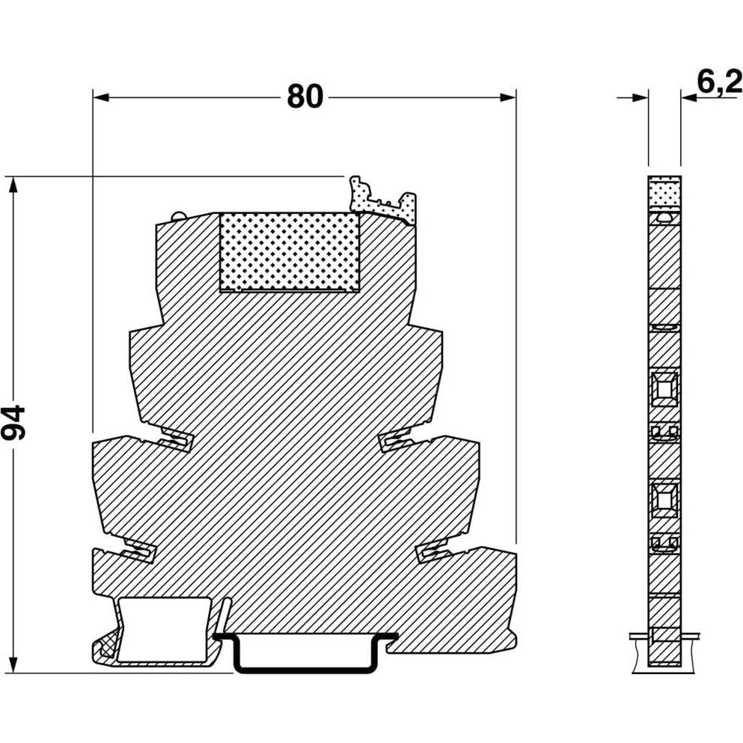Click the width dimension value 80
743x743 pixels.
(305, 97)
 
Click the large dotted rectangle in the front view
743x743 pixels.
(288, 251)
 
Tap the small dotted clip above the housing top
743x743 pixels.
(382, 200)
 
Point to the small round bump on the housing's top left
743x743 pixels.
(180, 216)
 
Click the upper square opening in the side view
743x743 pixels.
(663, 388)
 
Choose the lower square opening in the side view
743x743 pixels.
(663, 497)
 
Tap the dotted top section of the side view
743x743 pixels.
(663, 192)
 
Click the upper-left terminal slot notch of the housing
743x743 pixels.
(177, 442)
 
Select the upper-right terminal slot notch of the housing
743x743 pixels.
(394, 441)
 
